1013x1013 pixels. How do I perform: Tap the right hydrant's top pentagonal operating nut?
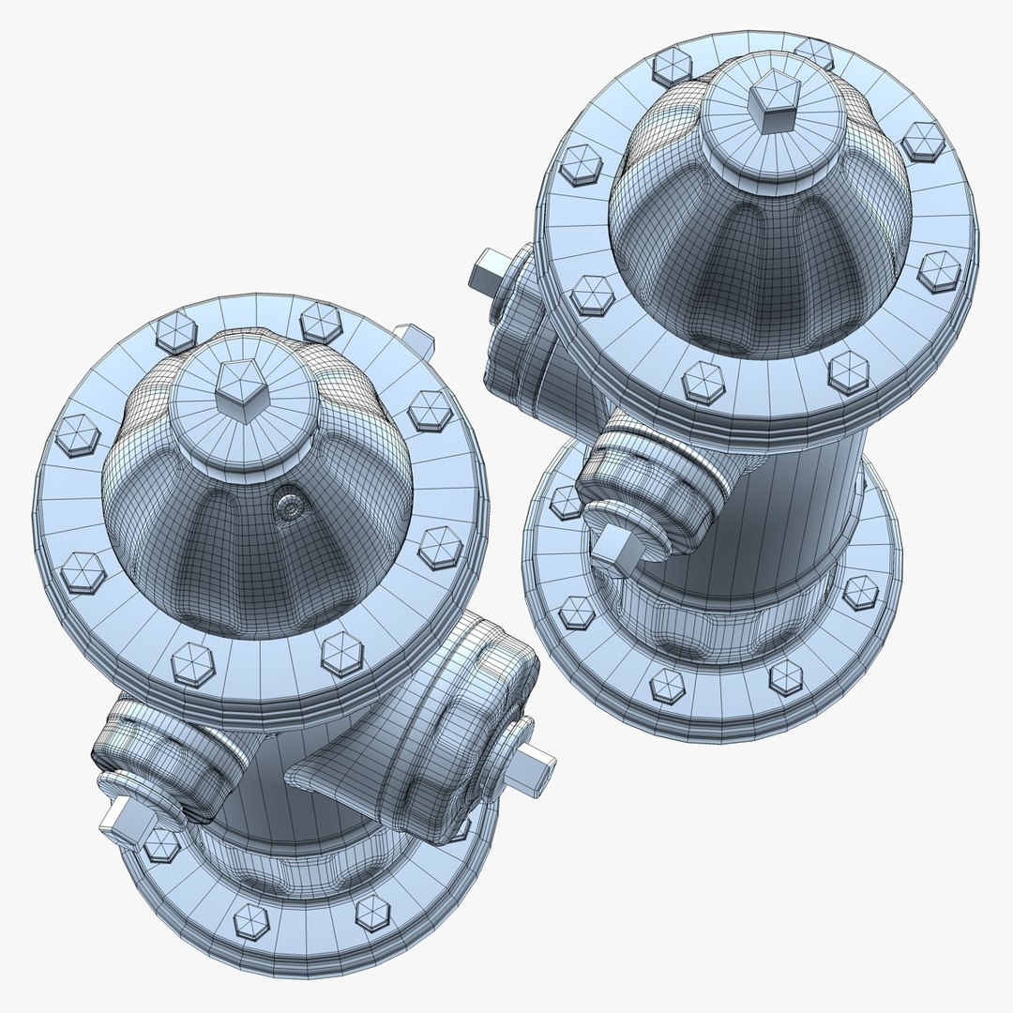[775, 104]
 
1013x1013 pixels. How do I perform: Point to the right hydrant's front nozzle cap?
[647, 497]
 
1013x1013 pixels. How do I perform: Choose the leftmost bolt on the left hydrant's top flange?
[77, 435]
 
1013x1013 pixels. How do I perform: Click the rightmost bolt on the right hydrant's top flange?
[939, 270]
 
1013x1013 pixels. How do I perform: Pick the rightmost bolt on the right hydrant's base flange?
[860, 593]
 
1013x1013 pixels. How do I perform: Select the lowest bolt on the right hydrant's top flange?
[703, 382]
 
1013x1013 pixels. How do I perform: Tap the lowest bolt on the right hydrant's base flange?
[667, 685]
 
